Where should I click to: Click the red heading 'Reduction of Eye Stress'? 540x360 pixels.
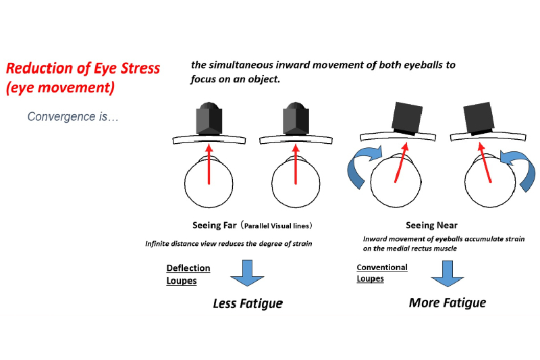83,68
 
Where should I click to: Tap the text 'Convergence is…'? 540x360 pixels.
73,117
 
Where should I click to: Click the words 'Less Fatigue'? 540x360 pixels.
248,304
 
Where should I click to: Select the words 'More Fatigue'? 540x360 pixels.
447,303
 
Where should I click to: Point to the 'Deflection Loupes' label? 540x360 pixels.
188,274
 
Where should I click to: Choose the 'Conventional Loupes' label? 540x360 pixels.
382,273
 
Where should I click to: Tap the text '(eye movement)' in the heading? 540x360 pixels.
60,88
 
